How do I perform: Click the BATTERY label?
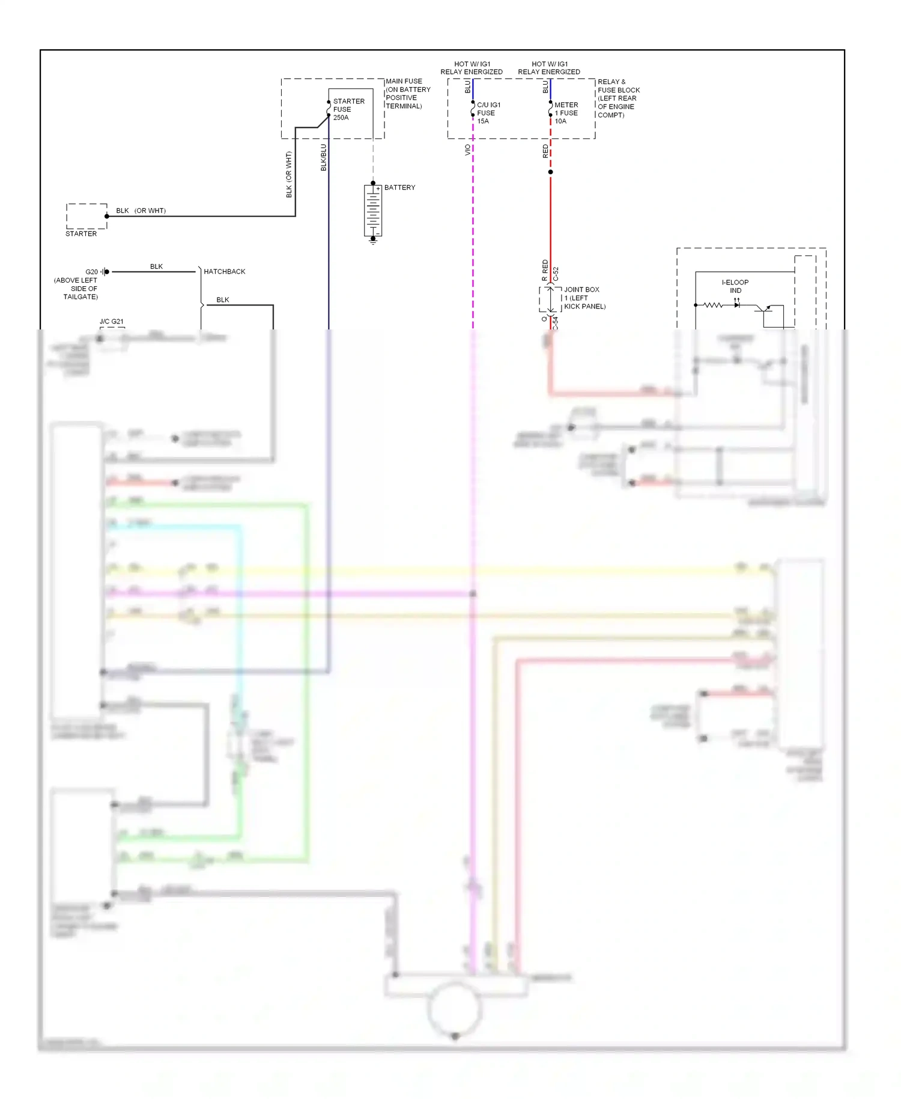click(399, 188)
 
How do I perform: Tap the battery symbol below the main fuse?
click(373, 210)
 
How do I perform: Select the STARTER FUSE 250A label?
click(348, 109)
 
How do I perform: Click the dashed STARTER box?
click(86, 216)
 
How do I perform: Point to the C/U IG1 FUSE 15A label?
click(488, 113)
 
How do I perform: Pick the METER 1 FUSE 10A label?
click(565, 113)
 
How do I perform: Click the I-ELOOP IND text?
click(735, 286)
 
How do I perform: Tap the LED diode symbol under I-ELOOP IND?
click(737, 305)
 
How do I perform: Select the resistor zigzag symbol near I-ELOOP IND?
click(713, 305)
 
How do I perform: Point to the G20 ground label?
click(91, 272)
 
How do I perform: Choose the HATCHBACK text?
click(224, 272)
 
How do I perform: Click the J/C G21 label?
click(111, 322)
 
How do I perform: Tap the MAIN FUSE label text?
click(407, 93)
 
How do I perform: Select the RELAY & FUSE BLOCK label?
click(618, 98)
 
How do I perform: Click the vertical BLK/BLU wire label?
click(324, 158)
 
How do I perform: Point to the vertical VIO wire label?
click(467, 150)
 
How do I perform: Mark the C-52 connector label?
click(556, 274)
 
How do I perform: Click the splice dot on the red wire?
click(550, 172)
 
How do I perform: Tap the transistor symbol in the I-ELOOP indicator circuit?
click(764, 309)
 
